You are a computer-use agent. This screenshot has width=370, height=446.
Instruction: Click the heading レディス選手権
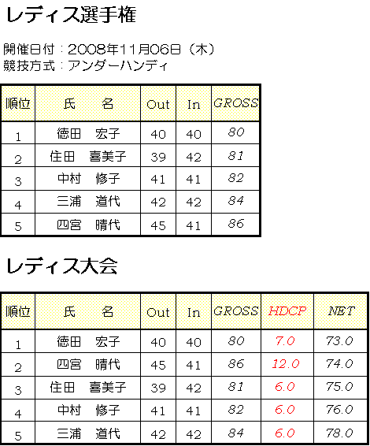coord(71,15)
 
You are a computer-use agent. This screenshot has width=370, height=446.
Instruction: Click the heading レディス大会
coord(61,266)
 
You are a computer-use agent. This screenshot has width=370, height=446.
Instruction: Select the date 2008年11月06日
coord(124,50)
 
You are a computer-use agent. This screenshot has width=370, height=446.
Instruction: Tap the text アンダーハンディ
coord(117,65)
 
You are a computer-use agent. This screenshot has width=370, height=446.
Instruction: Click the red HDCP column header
coord(287,311)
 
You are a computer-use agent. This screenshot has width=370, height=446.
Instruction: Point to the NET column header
coord(342,311)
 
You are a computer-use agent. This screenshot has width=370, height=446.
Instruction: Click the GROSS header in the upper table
coord(236,103)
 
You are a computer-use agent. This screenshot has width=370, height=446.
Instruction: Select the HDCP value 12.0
coord(286,364)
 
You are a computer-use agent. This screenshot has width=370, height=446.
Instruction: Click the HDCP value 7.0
coord(285,340)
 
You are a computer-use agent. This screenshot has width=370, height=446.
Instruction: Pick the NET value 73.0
coord(339,340)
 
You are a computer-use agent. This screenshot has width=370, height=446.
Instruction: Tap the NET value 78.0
coord(339,433)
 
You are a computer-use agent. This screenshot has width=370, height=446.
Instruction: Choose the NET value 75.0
coord(339,387)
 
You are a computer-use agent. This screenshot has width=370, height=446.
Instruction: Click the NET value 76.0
coord(339,410)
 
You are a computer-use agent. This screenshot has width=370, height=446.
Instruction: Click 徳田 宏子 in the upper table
coord(88,133)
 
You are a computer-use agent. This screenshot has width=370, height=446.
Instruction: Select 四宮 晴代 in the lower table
coord(88,364)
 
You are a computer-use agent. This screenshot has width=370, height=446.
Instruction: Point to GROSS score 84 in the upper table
coord(236,201)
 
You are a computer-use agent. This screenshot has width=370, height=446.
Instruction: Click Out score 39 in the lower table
coord(158,388)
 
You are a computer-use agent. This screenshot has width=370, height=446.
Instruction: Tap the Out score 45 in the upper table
coord(158,226)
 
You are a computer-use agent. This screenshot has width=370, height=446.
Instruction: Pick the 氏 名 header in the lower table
coord(88,311)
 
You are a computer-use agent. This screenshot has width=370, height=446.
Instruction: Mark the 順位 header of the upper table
coord(18,103)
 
